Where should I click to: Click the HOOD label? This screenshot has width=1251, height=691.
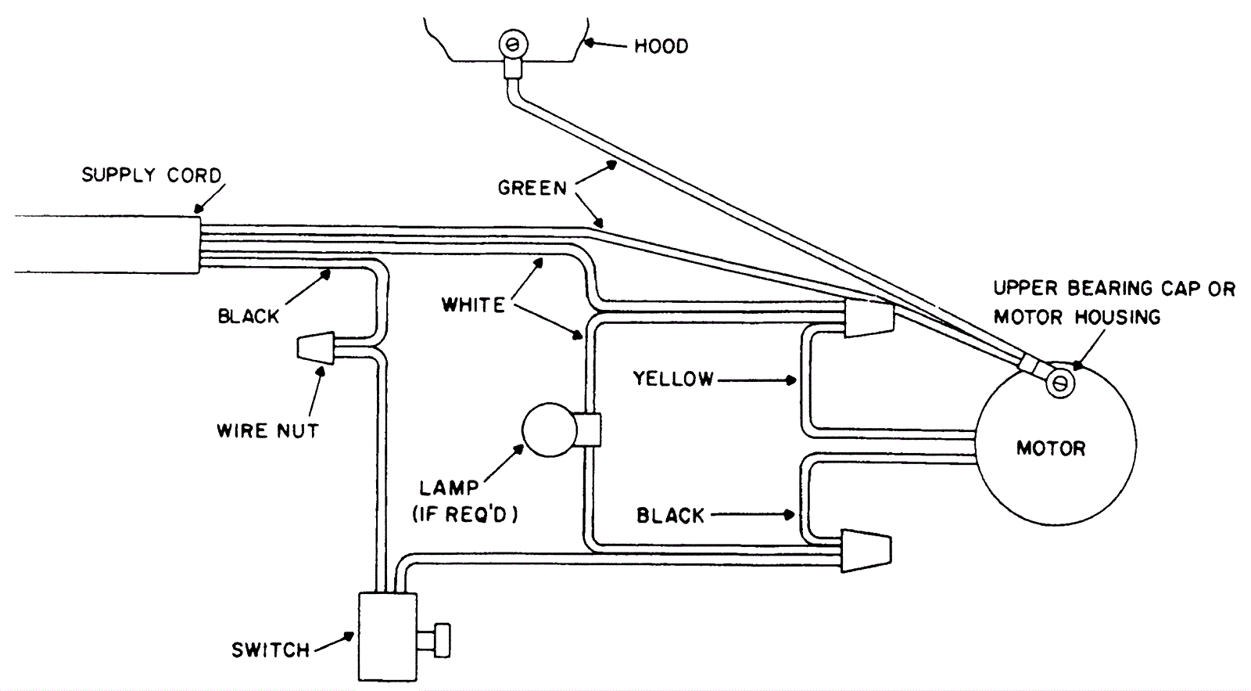click(661, 46)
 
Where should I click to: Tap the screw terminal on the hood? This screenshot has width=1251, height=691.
click(514, 43)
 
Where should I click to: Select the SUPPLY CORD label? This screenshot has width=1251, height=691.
click(152, 175)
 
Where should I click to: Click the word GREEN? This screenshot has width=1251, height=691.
click(532, 188)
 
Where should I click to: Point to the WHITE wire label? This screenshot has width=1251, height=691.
click(474, 305)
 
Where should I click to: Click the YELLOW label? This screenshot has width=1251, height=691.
click(673, 379)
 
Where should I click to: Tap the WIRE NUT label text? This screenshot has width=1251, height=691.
click(267, 431)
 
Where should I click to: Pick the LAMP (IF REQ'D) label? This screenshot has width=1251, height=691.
click(464, 501)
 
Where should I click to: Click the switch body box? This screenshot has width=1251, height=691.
click(388, 637)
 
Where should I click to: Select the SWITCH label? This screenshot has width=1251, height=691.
click(271, 650)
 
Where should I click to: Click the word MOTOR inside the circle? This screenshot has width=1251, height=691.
click(1051, 448)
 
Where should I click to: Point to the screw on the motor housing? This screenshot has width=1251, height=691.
click(1059, 383)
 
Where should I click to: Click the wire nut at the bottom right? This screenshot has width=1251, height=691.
click(866, 551)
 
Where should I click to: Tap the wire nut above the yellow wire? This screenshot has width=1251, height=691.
click(869, 318)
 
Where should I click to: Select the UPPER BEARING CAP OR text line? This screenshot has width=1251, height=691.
click(1114, 289)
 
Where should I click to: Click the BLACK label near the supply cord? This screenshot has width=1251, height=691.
click(248, 316)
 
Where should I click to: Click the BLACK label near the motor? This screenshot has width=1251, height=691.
click(671, 516)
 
